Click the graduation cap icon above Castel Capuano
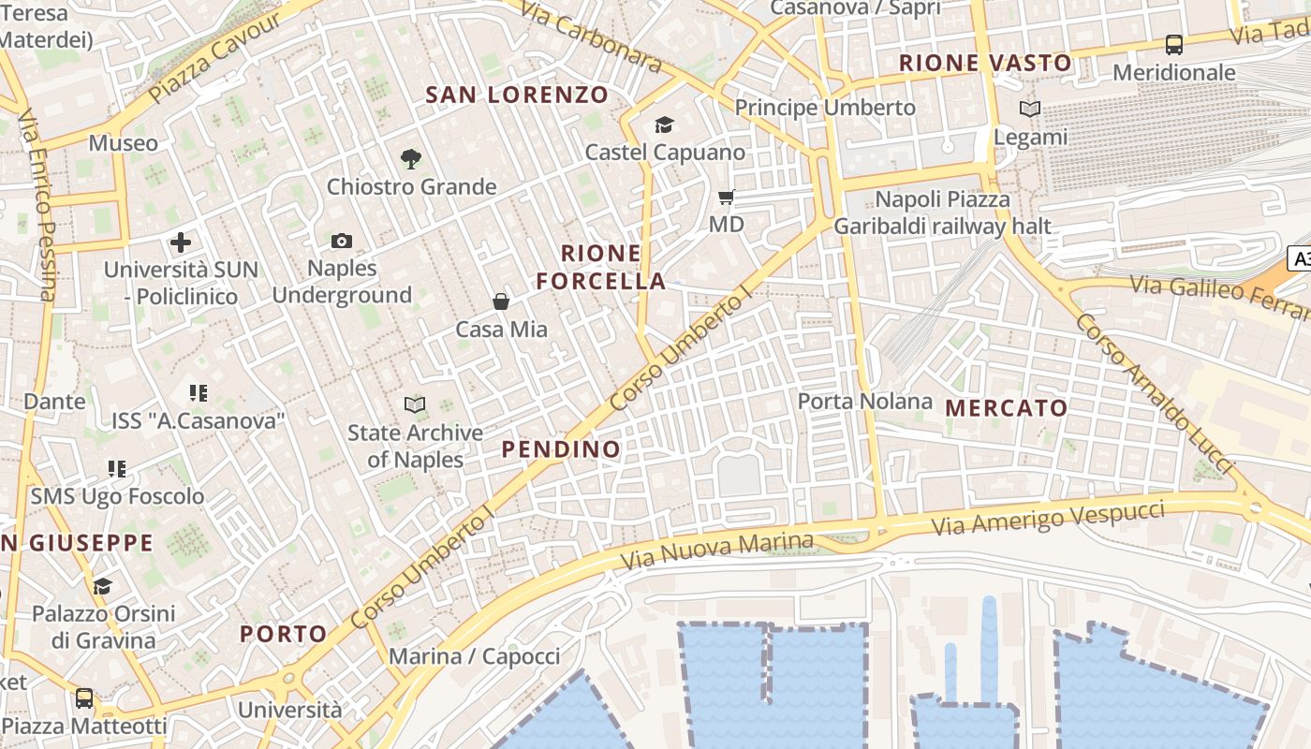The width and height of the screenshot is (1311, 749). point(664,125)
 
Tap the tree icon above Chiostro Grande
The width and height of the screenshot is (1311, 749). point(410,158)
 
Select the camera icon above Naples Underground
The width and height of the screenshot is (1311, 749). point(342,242)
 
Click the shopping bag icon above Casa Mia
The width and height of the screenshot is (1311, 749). point(501,301)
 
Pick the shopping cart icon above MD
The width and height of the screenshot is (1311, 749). point(726,198)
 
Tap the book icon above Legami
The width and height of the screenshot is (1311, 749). point(1030,110)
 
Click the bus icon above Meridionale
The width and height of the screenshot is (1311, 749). point(1173,44)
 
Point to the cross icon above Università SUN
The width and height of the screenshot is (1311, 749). point(181,242)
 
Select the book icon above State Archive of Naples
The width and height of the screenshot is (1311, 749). point(414,404)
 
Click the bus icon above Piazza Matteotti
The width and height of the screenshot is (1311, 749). point(84,698)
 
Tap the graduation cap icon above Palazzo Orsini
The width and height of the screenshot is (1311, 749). point(103,586)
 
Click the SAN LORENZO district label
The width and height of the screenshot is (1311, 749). point(517,95)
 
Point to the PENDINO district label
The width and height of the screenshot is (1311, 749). point(561,449)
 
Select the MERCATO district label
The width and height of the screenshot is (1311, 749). point(1007,408)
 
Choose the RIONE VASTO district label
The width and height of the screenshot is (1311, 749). point(985,64)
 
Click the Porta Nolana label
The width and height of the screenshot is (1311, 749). point(865,402)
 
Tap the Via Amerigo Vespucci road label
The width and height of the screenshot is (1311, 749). point(1049,518)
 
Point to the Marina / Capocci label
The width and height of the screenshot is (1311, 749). point(474,656)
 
